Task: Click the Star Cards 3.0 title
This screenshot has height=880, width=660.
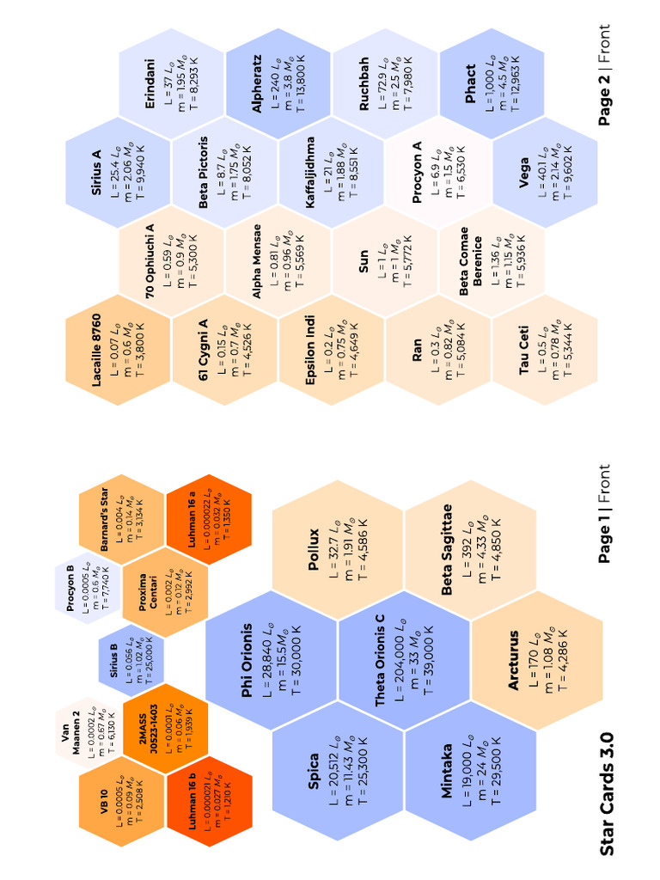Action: tap(607, 794)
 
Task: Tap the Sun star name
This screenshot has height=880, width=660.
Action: tap(364, 261)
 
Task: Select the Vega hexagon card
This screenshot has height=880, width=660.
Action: tap(545, 172)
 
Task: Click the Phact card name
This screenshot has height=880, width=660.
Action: tap(470, 83)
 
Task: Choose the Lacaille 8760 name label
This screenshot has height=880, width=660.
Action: tap(96, 350)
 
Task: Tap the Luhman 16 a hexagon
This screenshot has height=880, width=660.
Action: tap(209, 520)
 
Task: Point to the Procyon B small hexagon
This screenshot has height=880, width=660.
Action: tap(88, 588)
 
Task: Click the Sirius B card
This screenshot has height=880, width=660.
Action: tap(131, 659)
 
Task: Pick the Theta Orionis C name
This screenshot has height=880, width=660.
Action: tap(380, 660)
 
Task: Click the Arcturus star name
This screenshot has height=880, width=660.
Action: tap(513, 660)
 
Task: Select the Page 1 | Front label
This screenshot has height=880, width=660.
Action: tap(604, 514)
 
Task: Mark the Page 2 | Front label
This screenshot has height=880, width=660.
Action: tap(604, 75)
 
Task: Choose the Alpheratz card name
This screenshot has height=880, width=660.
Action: tap(256, 83)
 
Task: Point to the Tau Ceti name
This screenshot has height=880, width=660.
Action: tap(523, 350)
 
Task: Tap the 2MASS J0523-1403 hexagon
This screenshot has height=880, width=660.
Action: tap(165, 728)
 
